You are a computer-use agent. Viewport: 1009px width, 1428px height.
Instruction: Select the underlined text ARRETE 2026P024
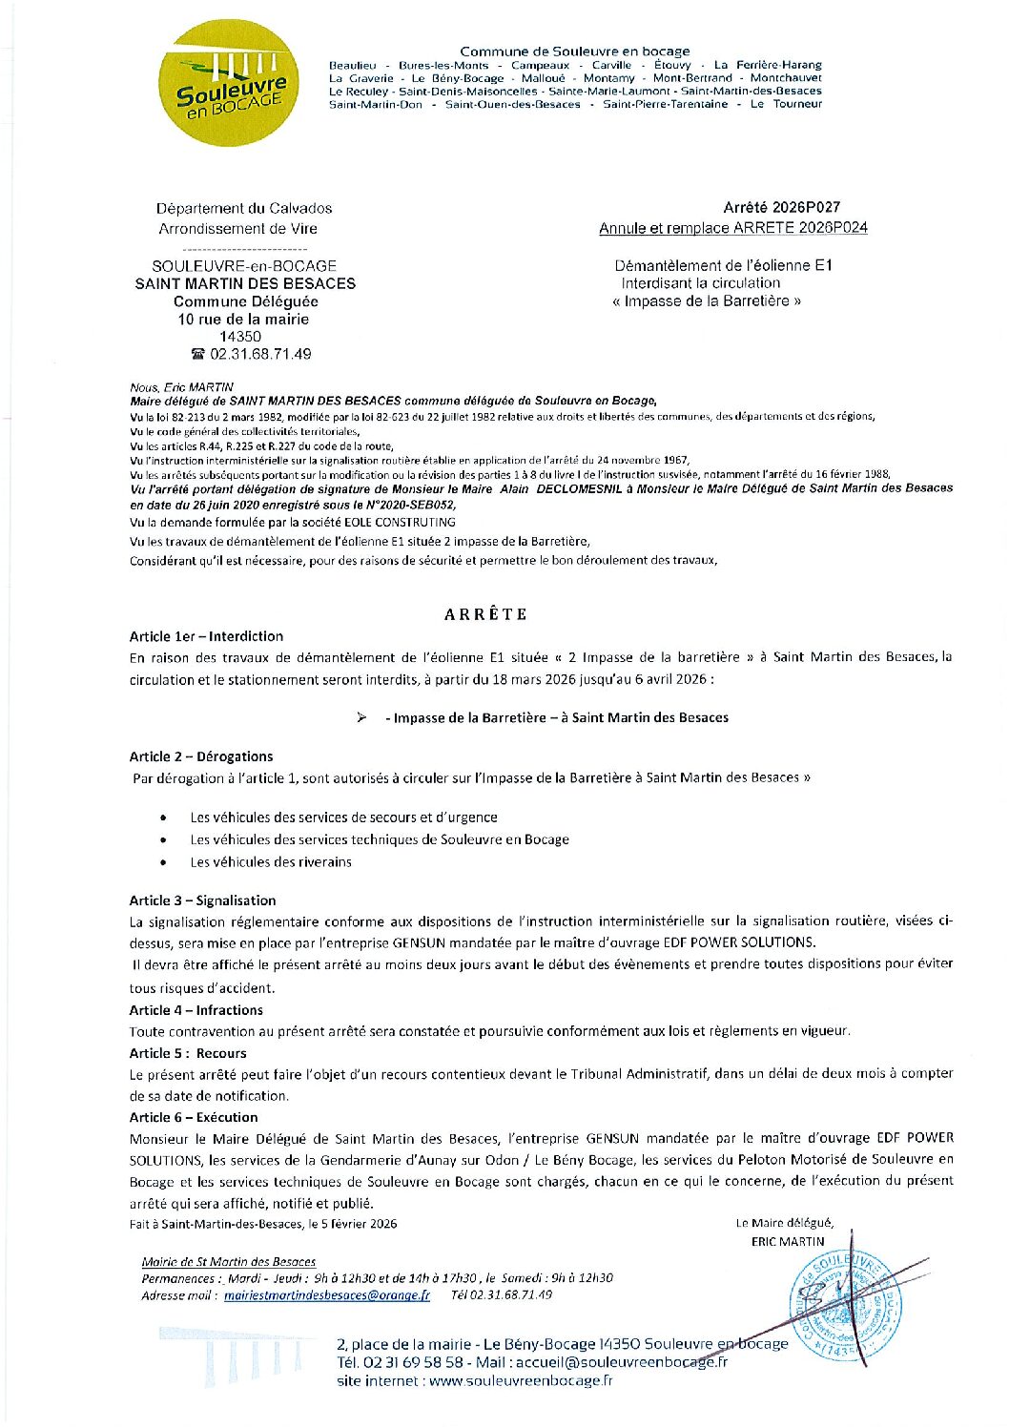[800, 228]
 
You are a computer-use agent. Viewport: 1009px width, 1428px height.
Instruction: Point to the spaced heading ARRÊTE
[485, 614]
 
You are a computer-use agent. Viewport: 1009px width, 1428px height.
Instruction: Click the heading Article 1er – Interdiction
[206, 636]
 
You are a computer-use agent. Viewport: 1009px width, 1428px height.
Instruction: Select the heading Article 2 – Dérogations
[201, 756]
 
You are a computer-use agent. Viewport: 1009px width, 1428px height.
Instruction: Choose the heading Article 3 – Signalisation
[202, 900]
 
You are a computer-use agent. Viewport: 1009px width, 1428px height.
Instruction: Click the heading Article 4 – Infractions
[196, 1010]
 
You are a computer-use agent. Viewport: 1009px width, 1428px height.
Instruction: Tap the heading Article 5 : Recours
[188, 1053]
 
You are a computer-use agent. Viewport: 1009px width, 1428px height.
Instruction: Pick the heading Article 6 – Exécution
[194, 1117]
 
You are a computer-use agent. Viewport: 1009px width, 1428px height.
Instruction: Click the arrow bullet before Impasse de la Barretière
[361, 717]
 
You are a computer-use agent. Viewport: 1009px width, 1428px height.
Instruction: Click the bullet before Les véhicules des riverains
[164, 862]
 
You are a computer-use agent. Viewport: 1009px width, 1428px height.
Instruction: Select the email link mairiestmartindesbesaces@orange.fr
[326, 1295]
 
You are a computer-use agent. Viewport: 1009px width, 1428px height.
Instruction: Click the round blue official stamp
[845, 1307]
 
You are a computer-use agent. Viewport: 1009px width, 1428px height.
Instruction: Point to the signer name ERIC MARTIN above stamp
[788, 1241]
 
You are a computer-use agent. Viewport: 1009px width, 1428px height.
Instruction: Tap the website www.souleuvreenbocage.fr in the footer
[521, 1380]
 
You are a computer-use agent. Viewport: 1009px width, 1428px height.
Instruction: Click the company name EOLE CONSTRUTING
[402, 522]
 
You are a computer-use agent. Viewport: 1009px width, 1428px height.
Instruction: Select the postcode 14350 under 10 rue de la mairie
[240, 337]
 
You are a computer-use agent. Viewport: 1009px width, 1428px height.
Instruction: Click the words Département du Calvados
[244, 208]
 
